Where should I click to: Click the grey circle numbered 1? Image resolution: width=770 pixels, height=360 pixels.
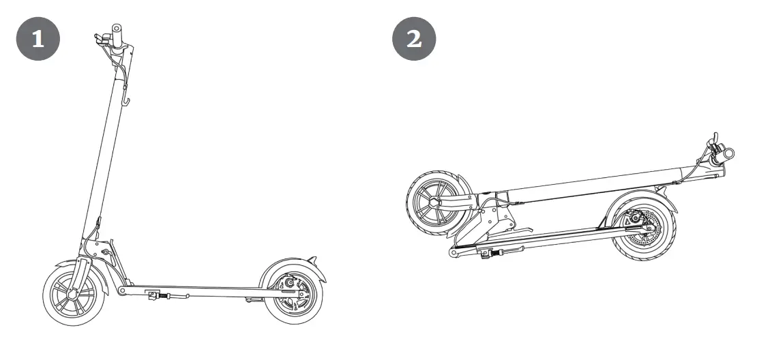click(38, 38)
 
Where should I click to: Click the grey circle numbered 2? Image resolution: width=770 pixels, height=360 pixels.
click(414, 38)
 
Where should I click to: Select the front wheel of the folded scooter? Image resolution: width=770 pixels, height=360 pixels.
click(436, 203)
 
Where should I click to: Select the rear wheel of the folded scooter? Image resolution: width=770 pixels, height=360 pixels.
click(642, 228)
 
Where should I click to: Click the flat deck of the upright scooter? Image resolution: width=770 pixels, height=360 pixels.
click(205, 291)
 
